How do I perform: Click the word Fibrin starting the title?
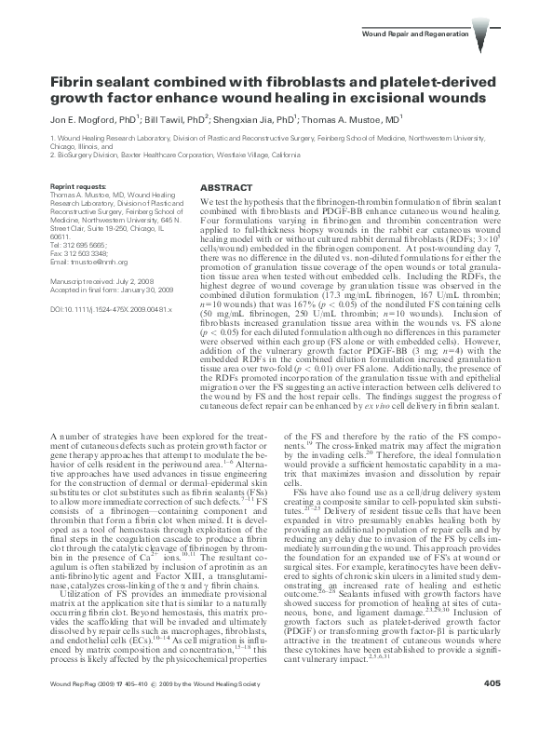74,82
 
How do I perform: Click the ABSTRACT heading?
224,186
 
